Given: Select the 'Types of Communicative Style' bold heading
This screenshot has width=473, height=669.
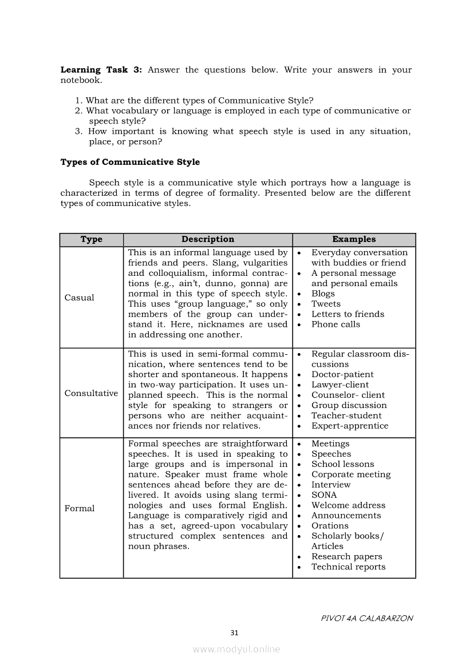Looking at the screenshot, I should coord(130,162).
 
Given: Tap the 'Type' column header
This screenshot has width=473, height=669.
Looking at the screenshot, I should coord(92,239).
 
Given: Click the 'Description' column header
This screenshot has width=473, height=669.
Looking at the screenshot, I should coord(208,239).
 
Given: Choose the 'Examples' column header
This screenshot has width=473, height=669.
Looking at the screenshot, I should coord(354,239).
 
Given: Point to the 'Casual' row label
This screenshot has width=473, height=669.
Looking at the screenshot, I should coord(80,298).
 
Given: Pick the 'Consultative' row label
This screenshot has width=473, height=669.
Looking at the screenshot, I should coord(91,393).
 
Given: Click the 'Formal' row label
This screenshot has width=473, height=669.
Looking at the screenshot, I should coord(80,508).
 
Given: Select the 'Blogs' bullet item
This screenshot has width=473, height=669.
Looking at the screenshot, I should coord(323,294).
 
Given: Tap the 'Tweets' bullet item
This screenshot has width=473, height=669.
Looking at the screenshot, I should coord(326,304).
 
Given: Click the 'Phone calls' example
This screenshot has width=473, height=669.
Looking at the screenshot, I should coord(336,324).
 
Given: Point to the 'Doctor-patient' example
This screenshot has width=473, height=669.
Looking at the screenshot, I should coord(342,375).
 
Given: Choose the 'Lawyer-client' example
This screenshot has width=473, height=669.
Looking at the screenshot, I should coord(340,385).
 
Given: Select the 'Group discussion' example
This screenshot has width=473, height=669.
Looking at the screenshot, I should coord(349,405).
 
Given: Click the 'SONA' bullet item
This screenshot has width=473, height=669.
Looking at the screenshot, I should coord(324,495).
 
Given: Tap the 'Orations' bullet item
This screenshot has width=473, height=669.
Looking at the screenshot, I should coord(330,526).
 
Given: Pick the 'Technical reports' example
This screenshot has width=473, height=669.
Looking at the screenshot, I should coord(348,567).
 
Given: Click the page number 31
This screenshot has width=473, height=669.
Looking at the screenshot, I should coord(234,632).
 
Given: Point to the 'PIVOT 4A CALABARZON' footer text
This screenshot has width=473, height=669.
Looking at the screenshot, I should coord(366,618).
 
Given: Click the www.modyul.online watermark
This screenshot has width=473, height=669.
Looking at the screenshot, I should coord(236,650).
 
